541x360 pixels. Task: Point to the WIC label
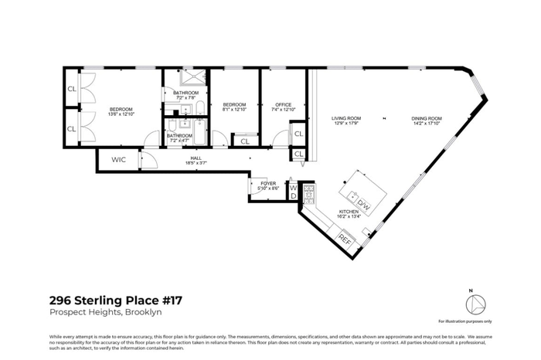(118, 160)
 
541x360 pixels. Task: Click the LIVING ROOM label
(347, 118)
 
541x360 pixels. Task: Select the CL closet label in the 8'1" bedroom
(244, 141)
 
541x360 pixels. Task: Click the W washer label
(293, 188)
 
